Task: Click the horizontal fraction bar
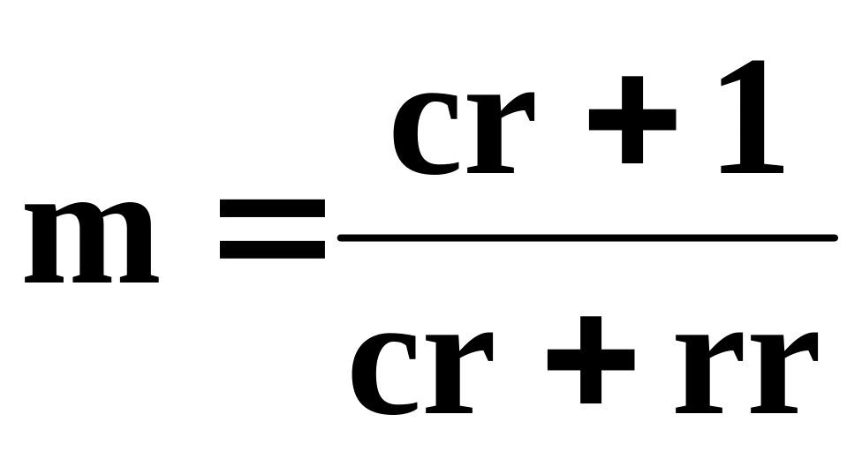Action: tap(586, 237)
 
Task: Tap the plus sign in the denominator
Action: tap(590, 361)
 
